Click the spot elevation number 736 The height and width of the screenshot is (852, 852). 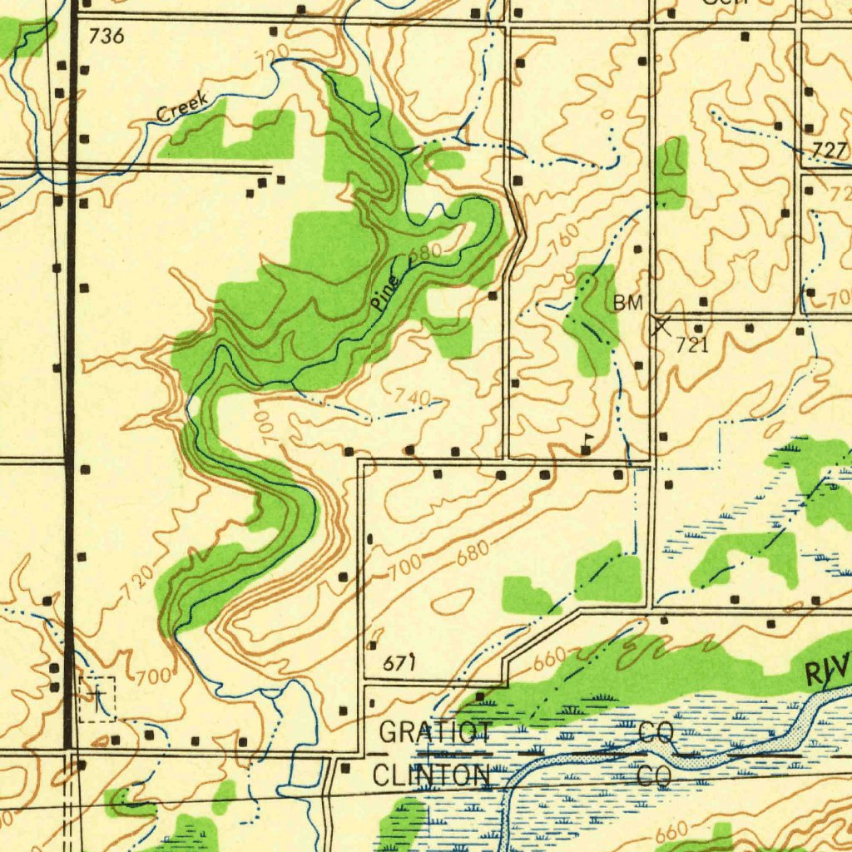(106, 36)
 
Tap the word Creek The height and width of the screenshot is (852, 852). (182, 107)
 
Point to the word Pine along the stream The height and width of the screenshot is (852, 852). (386, 291)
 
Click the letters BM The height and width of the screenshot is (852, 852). (628, 303)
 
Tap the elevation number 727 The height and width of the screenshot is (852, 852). (829, 151)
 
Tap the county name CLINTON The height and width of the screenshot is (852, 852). (430, 775)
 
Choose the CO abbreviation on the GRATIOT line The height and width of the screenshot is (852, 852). (655, 733)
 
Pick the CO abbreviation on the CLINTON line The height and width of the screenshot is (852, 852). (655, 775)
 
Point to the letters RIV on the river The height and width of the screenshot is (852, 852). (827, 669)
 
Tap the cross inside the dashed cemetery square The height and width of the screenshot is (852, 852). (97, 697)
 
